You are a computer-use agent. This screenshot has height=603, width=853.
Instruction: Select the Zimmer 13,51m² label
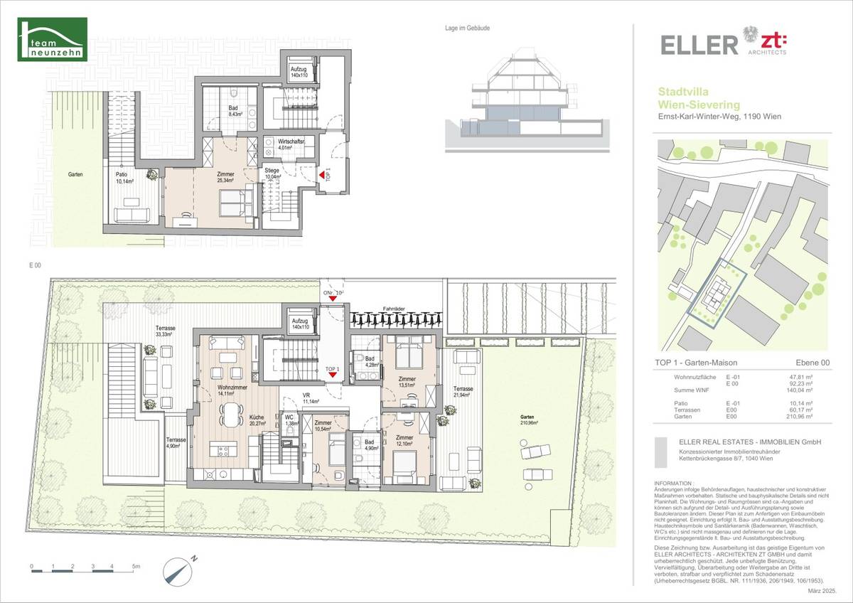[x=407, y=382]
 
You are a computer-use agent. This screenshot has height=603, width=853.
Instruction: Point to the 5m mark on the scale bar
[x=134, y=567]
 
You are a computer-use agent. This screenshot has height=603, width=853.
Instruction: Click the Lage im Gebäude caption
[x=466, y=28]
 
